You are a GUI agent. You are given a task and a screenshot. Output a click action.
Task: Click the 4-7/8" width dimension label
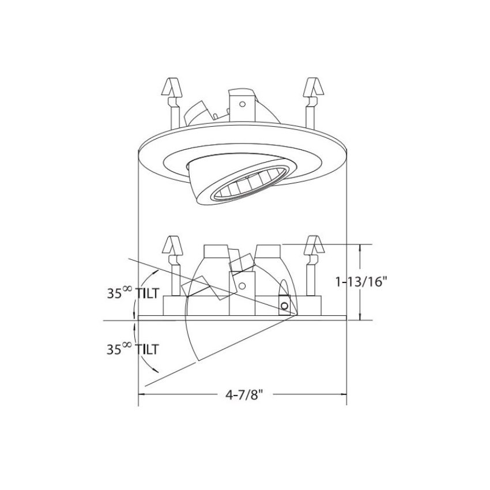pyautogui.click(x=243, y=395)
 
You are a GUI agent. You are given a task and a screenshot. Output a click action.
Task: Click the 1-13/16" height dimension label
pyautogui.click(x=361, y=282)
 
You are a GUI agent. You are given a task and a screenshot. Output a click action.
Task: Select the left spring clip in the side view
pyautogui.click(x=172, y=266)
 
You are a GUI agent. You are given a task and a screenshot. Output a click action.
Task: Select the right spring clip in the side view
pyautogui.click(x=314, y=266)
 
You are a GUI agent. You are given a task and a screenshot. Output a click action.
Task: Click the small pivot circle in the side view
pyautogui.click(x=284, y=306)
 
